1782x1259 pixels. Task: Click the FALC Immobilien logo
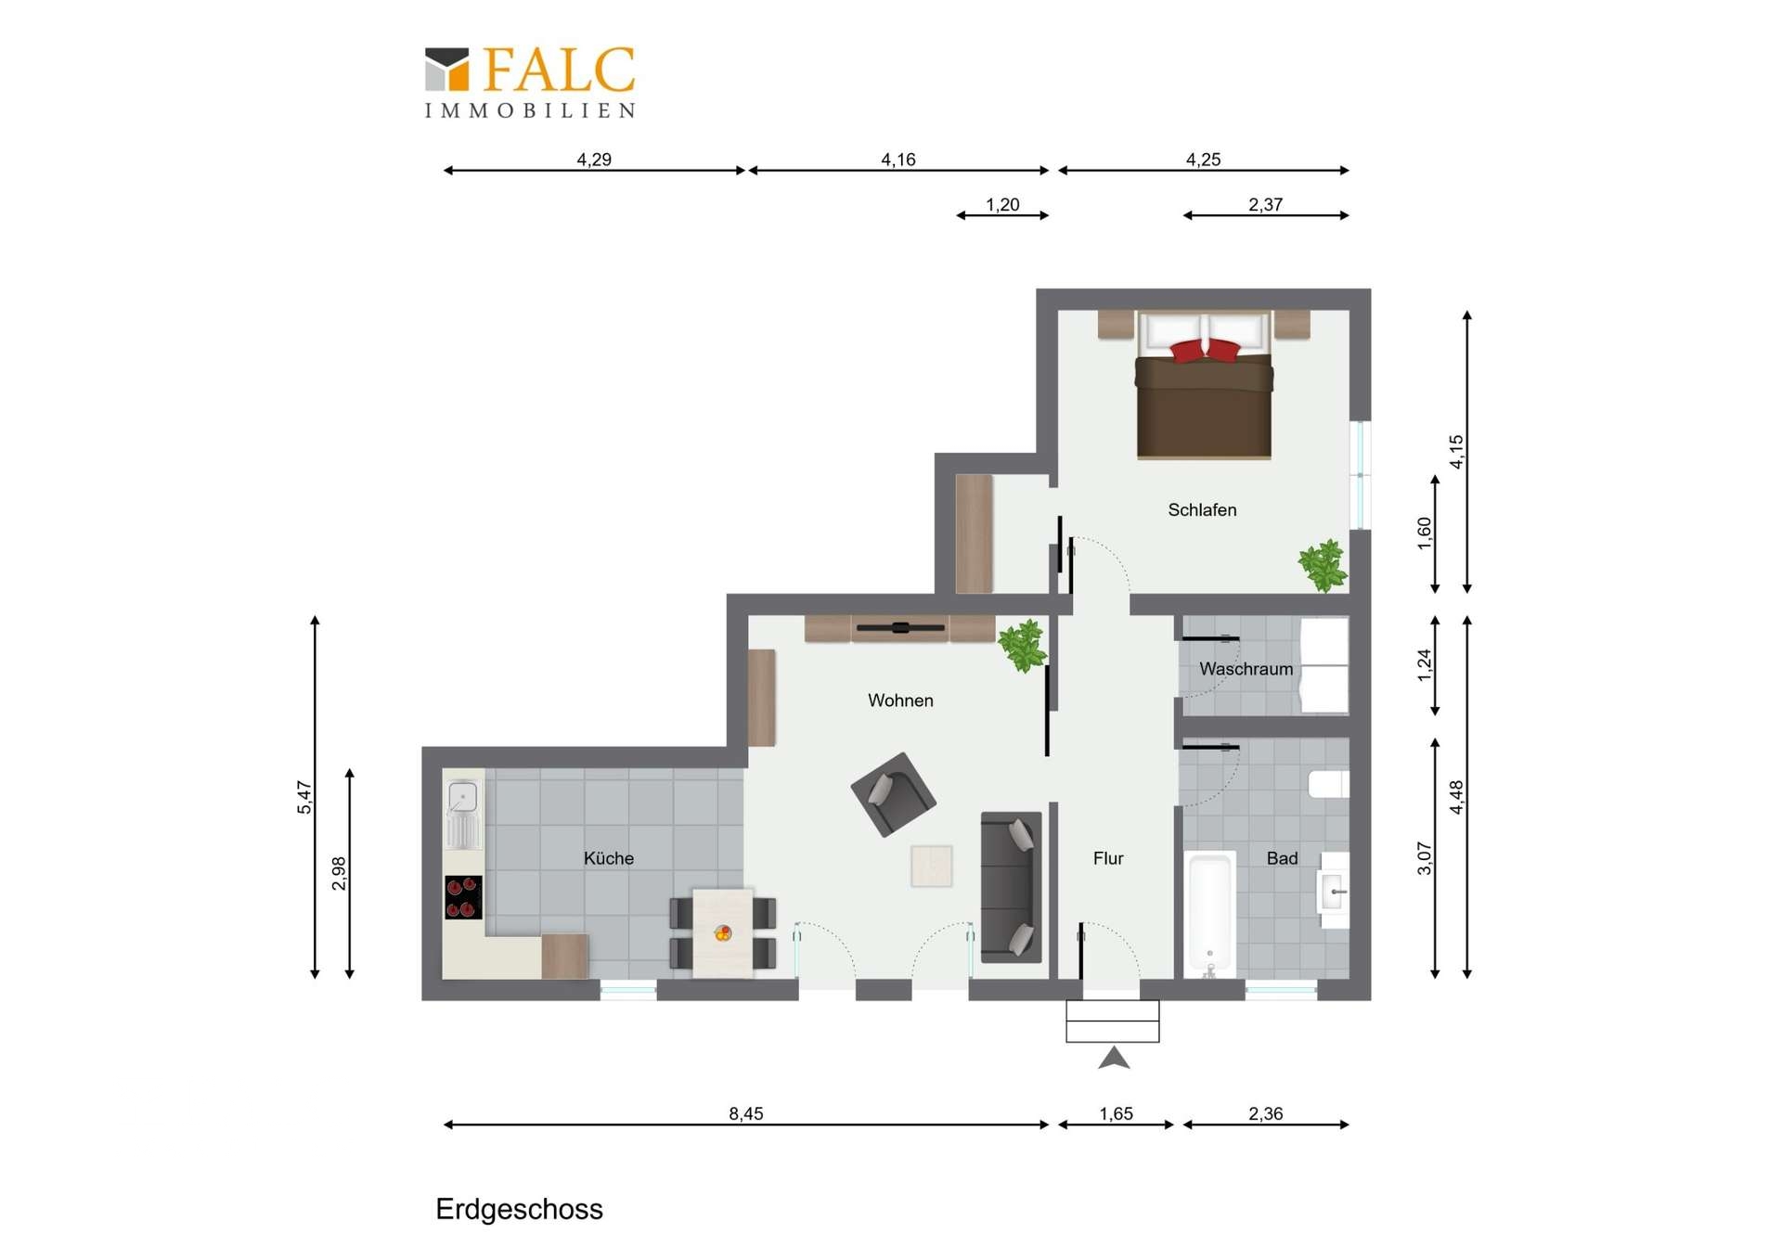pyautogui.click(x=530, y=83)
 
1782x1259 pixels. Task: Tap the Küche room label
pyautogui.click(x=609, y=858)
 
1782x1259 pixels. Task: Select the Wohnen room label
pyautogui.click(x=900, y=700)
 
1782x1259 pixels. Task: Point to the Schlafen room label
pyautogui.click(x=1202, y=509)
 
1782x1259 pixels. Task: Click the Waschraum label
pyautogui.click(x=1246, y=669)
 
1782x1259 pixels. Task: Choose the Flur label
pyautogui.click(x=1108, y=858)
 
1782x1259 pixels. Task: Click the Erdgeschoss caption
pyautogui.click(x=519, y=1209)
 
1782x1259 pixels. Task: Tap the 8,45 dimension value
pyautogui.click(x=746, y=1113)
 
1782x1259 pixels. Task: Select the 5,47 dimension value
pyautogui.click(x=304, y=798)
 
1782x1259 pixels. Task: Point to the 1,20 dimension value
pyautogui.click(x=1002, y=204)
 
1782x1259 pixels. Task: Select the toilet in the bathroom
pyautogui.click(x=1328, y=784)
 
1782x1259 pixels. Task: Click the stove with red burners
pyautogui.click(x=463, y=897)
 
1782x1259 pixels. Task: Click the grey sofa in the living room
pyautogui.click(x=1011, y=886)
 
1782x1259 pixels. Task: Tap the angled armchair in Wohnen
pyautogui.click(x=893, y=794)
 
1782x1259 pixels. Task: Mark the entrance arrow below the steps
pyautogui.click(x=1114, y=1058)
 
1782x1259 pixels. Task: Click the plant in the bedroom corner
pyautogui.click(x=1323, y=565)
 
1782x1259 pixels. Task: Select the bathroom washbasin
pyautogui.click(x=1335, y=891)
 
